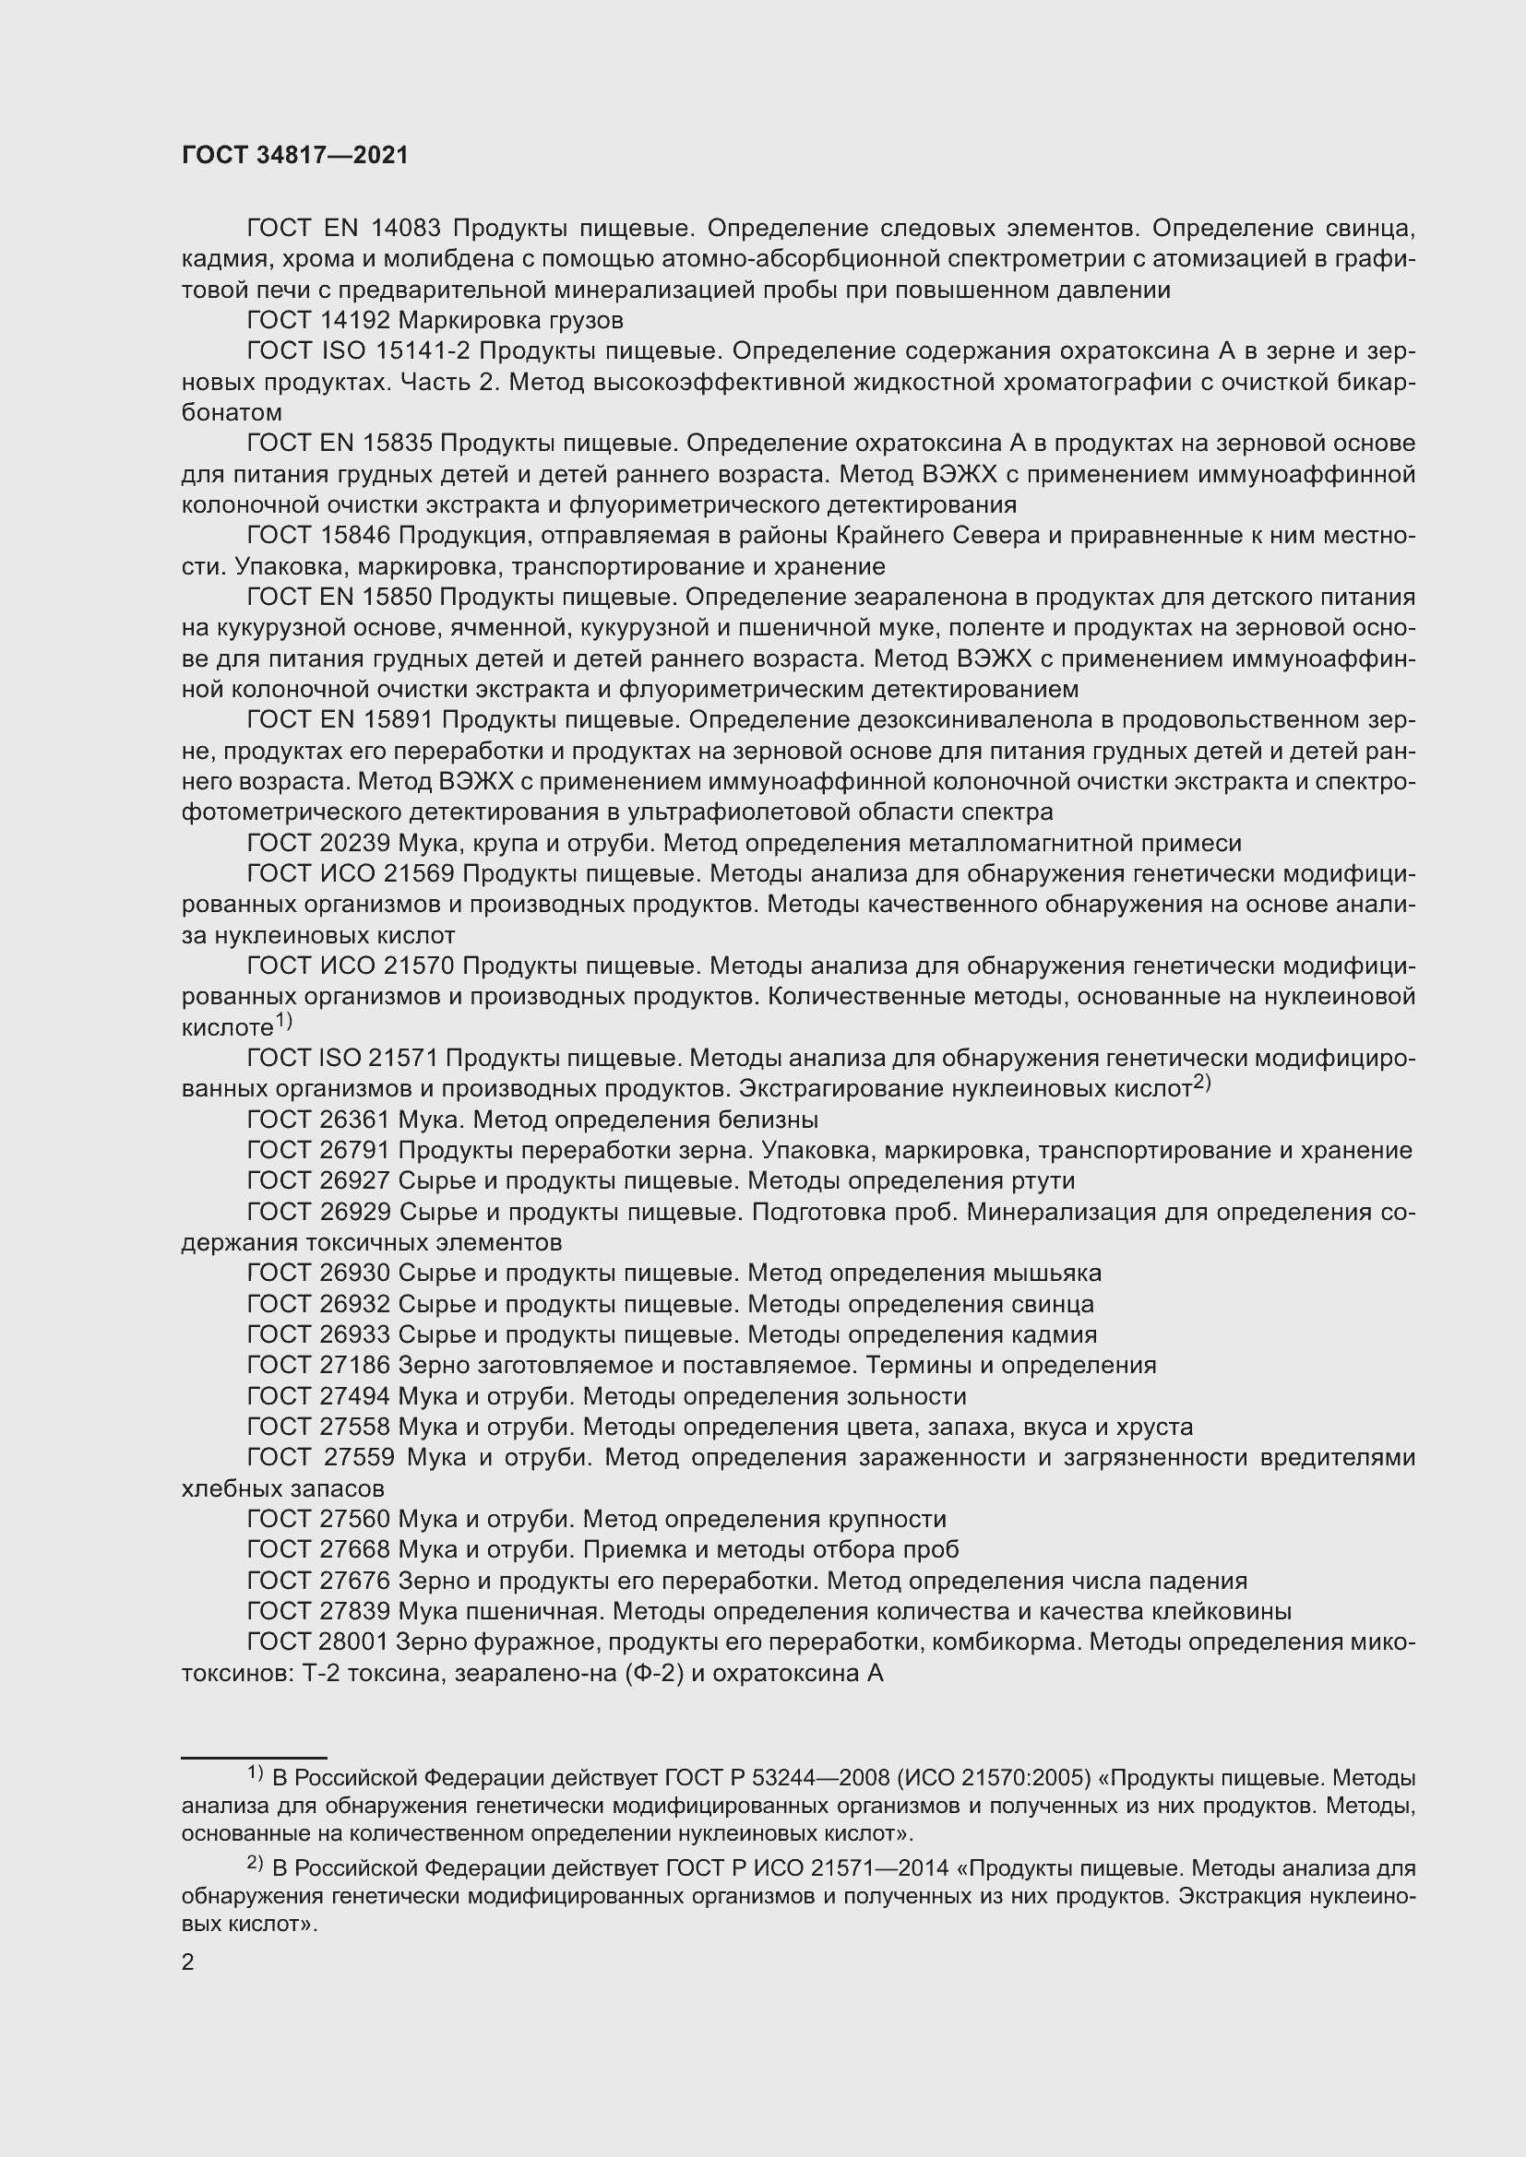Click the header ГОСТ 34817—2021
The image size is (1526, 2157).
(295, 156)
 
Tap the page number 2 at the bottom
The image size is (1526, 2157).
(188, 1962)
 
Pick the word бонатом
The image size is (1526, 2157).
(232, 412)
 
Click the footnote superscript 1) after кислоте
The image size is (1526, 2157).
(283, 1020)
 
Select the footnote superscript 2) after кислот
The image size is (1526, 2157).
(1202, 1083)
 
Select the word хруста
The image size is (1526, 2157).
(1154, 1427)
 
